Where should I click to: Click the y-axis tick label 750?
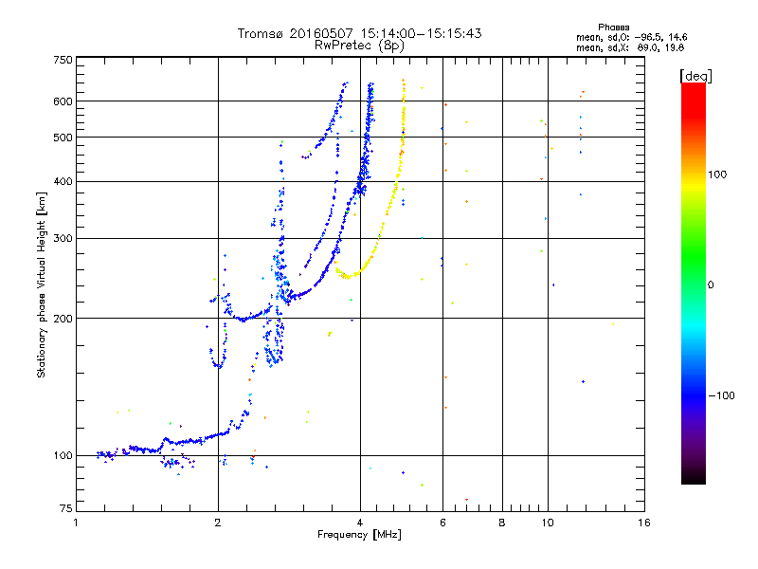tap(63, 60)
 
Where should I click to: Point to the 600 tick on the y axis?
tap(63, 101)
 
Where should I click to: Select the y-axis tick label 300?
tap(63, 239)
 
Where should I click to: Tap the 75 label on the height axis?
tap(66, 508)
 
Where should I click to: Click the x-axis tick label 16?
tap(644, 523)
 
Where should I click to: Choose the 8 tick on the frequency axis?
tap(502, 523)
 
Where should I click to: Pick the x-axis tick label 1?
tap(76, 523)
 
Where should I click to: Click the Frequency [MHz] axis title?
tap(359, 535)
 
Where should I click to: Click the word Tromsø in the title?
tap(262, 33)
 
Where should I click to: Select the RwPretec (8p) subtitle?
tap(359, 46)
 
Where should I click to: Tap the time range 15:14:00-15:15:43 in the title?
tap(421, 33)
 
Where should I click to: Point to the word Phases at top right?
tap(613, 28)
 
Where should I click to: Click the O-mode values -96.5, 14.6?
tap(660, 37)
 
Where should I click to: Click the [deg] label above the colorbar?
tap(695, 77)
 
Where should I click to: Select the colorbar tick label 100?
tap(717, 174)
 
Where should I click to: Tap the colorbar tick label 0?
tap(711, 285)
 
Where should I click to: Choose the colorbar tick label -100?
tap(721, 395)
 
